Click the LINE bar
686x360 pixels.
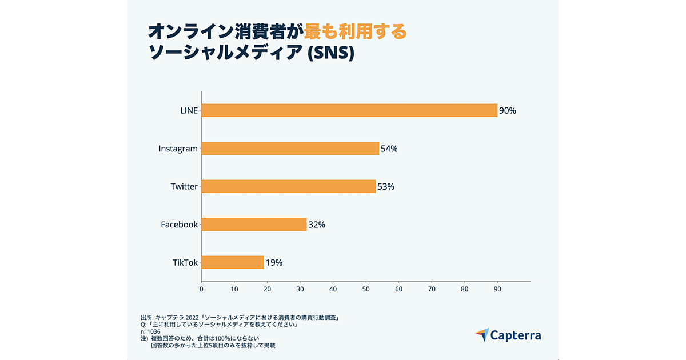coord(349,110)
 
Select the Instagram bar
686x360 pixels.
coord(290,149)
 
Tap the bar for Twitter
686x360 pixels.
coord(288,186)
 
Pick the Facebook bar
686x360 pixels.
coord(254,225)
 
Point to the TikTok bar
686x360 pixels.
coord(232,262)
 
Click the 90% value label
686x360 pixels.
coord(508,111)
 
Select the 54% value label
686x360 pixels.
coord(389,149)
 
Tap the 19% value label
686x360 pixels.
coord(274,263)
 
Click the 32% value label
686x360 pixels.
coord(317,225)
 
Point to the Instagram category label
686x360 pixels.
coord(178,149)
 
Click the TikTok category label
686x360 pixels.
coord(185,263)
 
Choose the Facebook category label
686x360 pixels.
coord(179,225)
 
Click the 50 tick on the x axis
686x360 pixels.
coord(366,289)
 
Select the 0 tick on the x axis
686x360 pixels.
coord(201,289)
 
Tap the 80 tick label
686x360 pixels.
coord(465,289)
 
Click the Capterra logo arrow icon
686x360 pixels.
coord(482,335)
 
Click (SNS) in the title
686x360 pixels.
coord(331,53)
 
